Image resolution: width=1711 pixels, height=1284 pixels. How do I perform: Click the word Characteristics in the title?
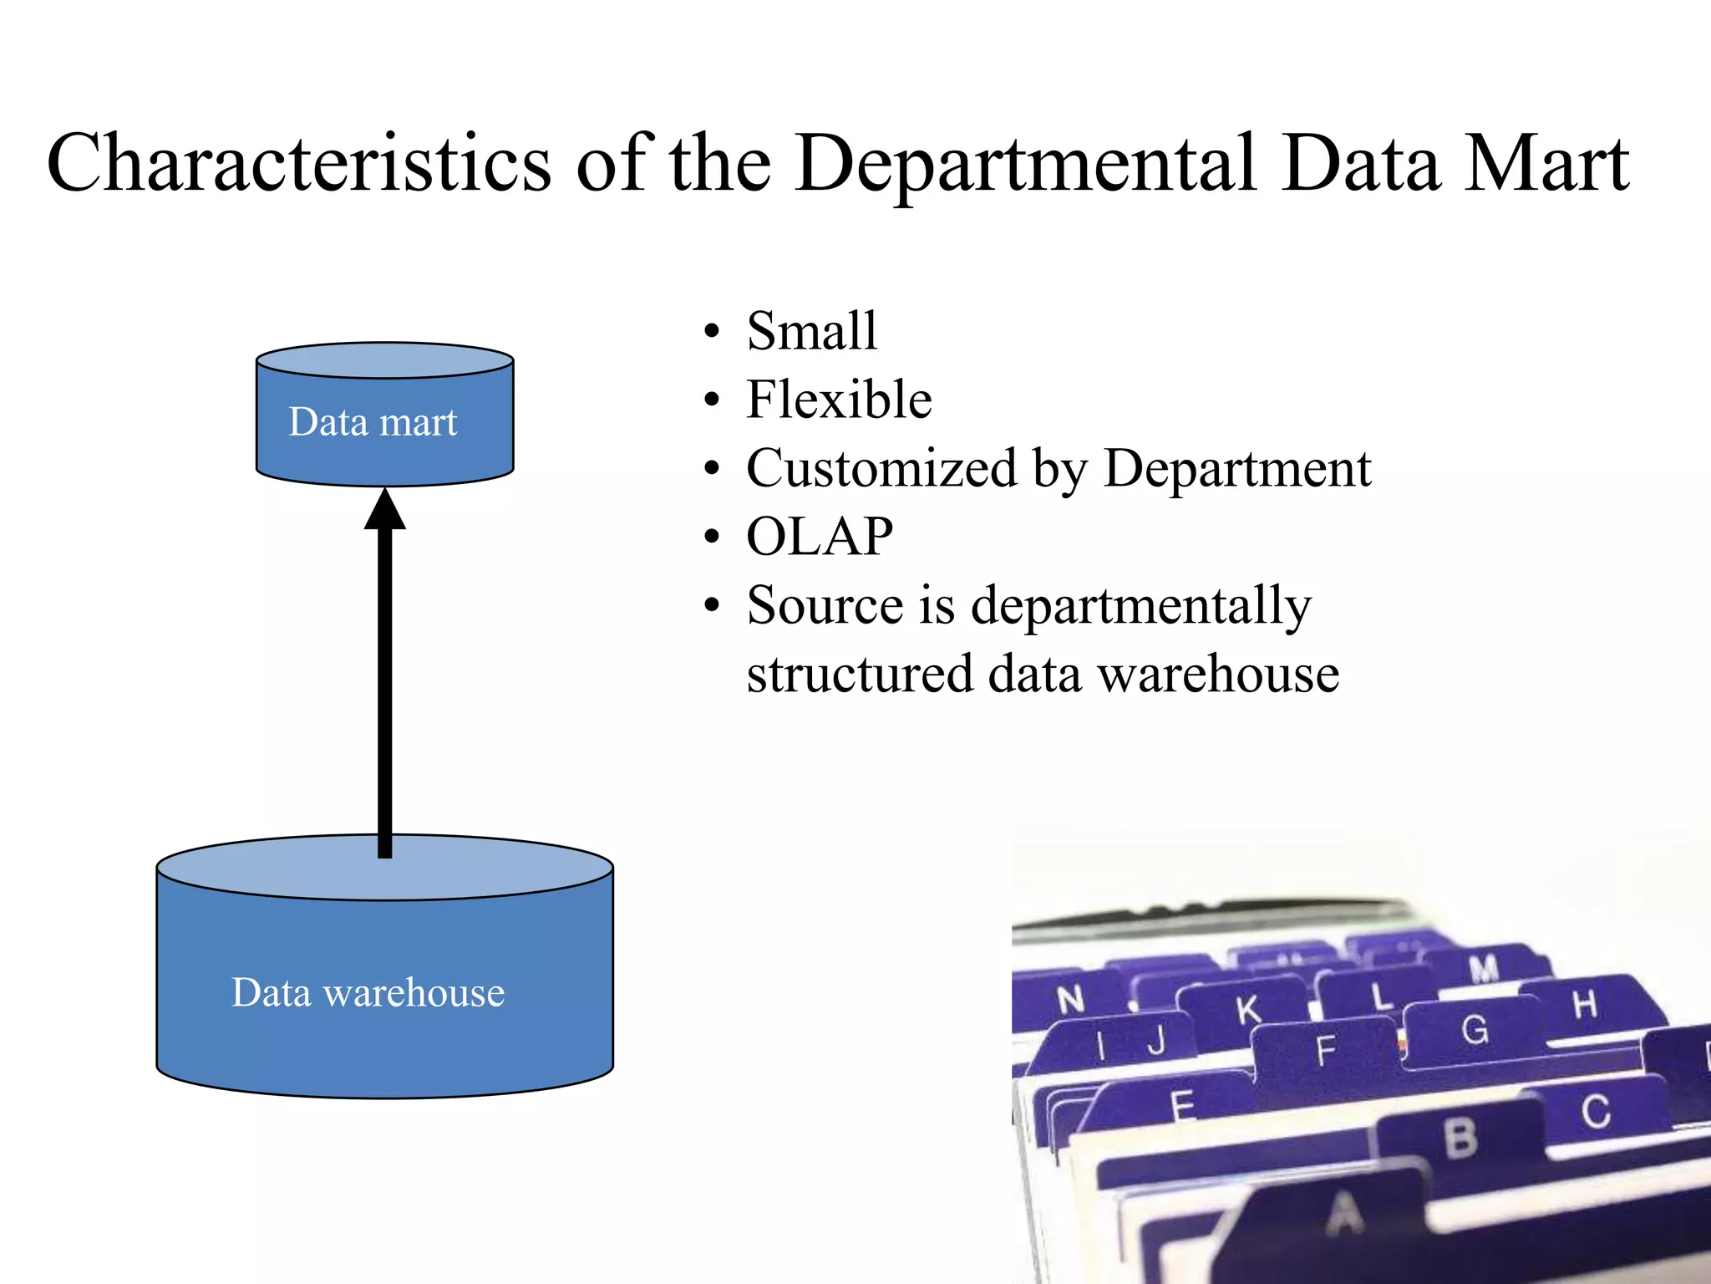pyautogui.click(x=298, y=163)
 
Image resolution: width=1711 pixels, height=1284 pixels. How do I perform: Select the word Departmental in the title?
pyautogui.click(x=1025, y=163)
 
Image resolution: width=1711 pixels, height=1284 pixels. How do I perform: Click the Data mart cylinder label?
pyautogui.click(x=373, y=422)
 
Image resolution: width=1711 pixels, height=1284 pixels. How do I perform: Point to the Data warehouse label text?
pyautogui.click(x=368, y=993)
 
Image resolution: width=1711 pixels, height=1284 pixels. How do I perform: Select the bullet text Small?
pyautogui.click(x=811, y=331)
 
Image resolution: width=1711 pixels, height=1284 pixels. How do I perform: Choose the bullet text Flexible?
pyautogui.click(x=839, y=400)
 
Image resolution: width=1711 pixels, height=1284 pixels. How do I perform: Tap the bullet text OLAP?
pyautogui.click(x=820, y=537)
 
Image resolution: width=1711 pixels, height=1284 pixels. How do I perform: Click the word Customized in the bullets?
pyautogui.click(x=881, y=468)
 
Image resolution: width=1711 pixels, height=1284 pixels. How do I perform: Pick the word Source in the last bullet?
pyautogui.click(x=825, y=605)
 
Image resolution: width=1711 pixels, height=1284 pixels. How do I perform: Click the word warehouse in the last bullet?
pyautogui.click(x=1218, y=674)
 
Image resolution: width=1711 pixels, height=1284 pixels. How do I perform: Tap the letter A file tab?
pyautogui.click(x=1344, y=1214)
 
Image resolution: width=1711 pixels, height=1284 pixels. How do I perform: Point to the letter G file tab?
pyautogui.click(x=1475, y=1030)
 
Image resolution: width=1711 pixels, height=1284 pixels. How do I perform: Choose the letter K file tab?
pyautogui.click(x=1248, y=1010)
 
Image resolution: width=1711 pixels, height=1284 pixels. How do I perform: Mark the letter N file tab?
pyautogui.click(x=1071, y=999)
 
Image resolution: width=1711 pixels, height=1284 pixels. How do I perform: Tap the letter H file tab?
pyautogui.click(x=1585, y=1005)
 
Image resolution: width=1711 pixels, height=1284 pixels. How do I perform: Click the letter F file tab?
pyautogui.click(x=1326, y=1051)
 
